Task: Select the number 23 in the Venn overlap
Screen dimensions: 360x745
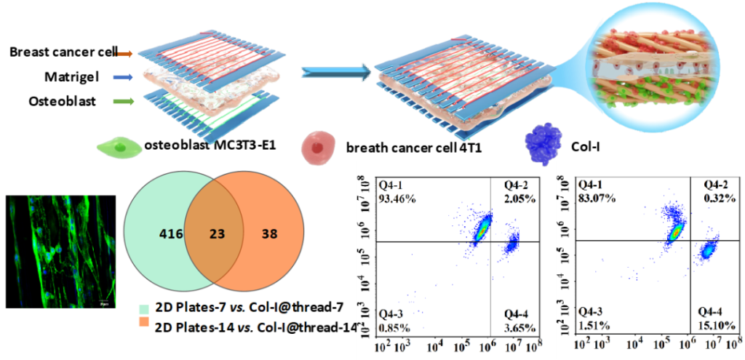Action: click(215, 234)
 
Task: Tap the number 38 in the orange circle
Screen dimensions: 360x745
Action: click(269, 234)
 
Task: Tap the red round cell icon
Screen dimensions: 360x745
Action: click(316, 147)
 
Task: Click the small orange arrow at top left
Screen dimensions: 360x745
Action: click(124, 54)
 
